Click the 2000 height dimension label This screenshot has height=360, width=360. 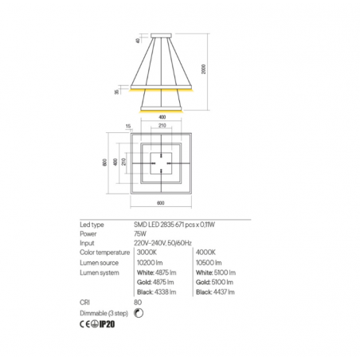tap(205, 71)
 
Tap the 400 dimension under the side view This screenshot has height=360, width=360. tap(162, 115)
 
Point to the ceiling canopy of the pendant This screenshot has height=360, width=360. tap(162, 35)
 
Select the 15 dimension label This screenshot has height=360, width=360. tap(127, 126)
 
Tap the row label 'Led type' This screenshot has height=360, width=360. tap(94, 226)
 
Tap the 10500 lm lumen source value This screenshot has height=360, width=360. tap(209, 262)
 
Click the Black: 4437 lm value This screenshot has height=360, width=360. tap(213, 292)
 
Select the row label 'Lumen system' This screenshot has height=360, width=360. tap(100, 272)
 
